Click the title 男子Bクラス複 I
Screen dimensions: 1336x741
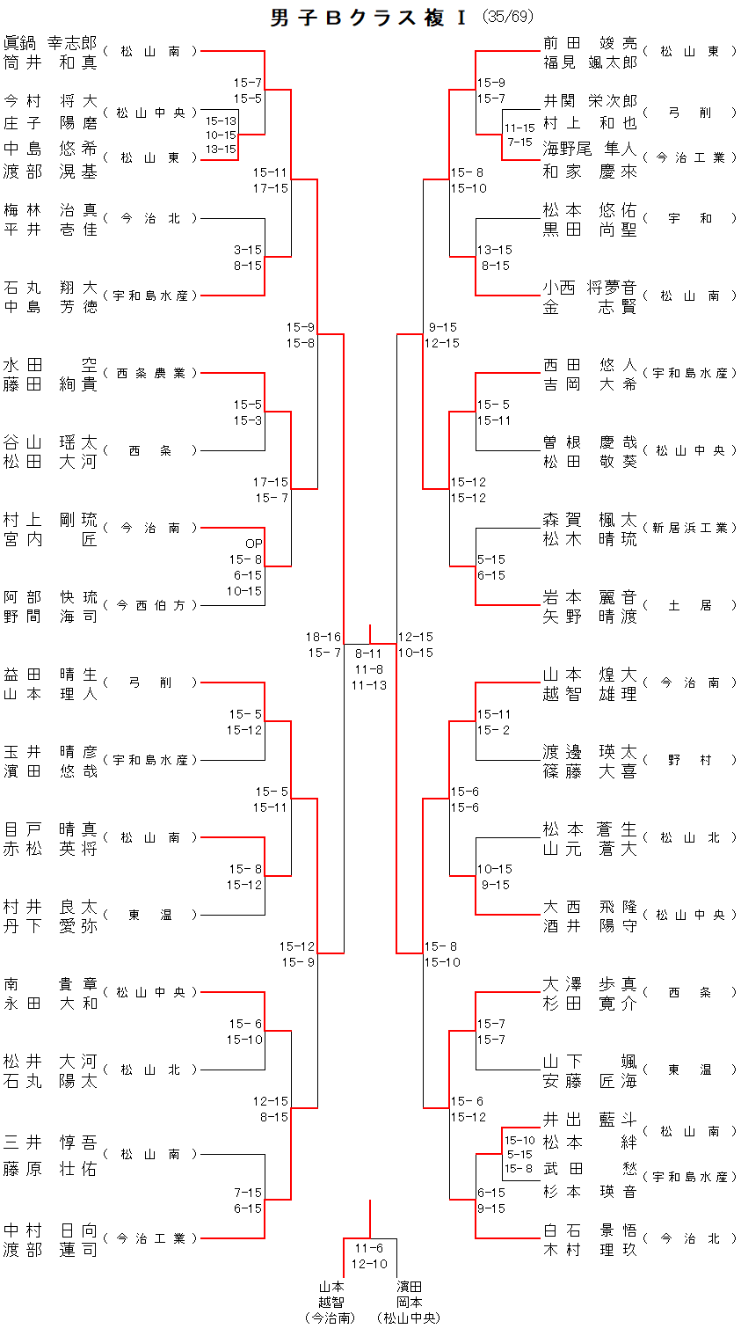click(368, 18)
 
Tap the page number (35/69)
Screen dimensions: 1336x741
click(507, 17)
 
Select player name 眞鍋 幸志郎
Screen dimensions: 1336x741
click(50, 42)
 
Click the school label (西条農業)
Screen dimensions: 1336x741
click(150, 373)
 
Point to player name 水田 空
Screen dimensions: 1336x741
click(50, 364)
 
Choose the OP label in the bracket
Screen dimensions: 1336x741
click(253, 544)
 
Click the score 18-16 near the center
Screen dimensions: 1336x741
click(323, 637)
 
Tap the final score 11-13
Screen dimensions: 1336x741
click(368, 685)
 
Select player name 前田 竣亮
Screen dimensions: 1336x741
click(590, 42)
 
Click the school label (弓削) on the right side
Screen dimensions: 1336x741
click(690, 113)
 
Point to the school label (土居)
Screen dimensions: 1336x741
click(690, 605)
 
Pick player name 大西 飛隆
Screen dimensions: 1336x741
click(590, 906)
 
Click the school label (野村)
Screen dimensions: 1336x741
click(690, 760)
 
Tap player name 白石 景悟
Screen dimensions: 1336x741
click(590, 1230)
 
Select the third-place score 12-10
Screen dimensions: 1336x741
click(369, 1264)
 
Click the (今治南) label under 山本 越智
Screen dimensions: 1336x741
click(331, 1318)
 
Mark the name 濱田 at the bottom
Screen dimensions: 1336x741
click(409, 1287)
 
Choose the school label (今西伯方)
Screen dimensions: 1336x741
click(150, 605)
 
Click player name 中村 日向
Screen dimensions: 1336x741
click(50, 1230)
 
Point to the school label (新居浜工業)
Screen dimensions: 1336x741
click(690, 528)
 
